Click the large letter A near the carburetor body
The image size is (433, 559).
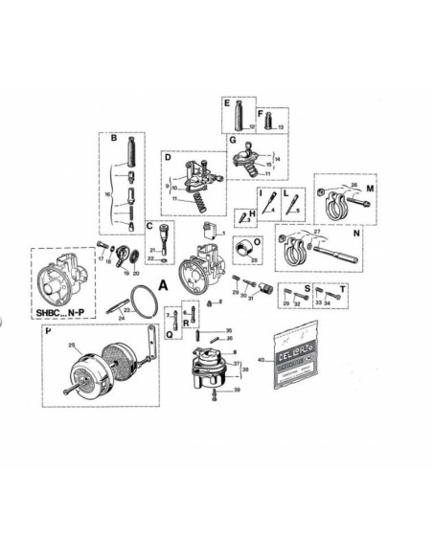(163, 284)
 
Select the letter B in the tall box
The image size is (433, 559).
(114, 139)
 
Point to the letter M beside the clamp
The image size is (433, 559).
(370, 189)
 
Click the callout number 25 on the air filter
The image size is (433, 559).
(71, 345)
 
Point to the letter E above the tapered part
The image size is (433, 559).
(228, 101)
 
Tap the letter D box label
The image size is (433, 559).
(167, 155)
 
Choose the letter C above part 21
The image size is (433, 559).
(150, 226)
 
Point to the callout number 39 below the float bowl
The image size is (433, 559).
(237, 391)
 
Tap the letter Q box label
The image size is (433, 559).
(169, 335)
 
